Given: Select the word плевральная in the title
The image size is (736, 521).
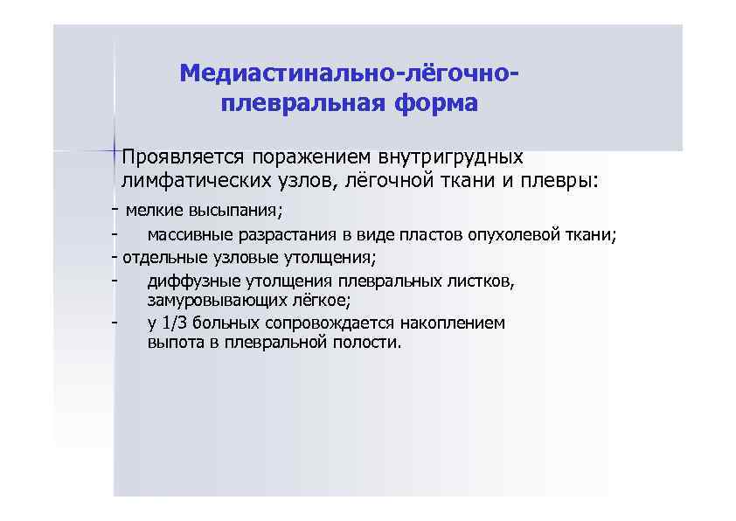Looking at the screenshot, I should click(295, 104).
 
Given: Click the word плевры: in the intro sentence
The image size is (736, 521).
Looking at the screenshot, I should click(566, 181).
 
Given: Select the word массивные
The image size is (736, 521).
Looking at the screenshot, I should click(185, 234).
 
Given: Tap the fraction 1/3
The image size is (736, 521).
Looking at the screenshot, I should click(174, 323).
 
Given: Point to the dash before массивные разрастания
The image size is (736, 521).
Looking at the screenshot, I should click(115, 234).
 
